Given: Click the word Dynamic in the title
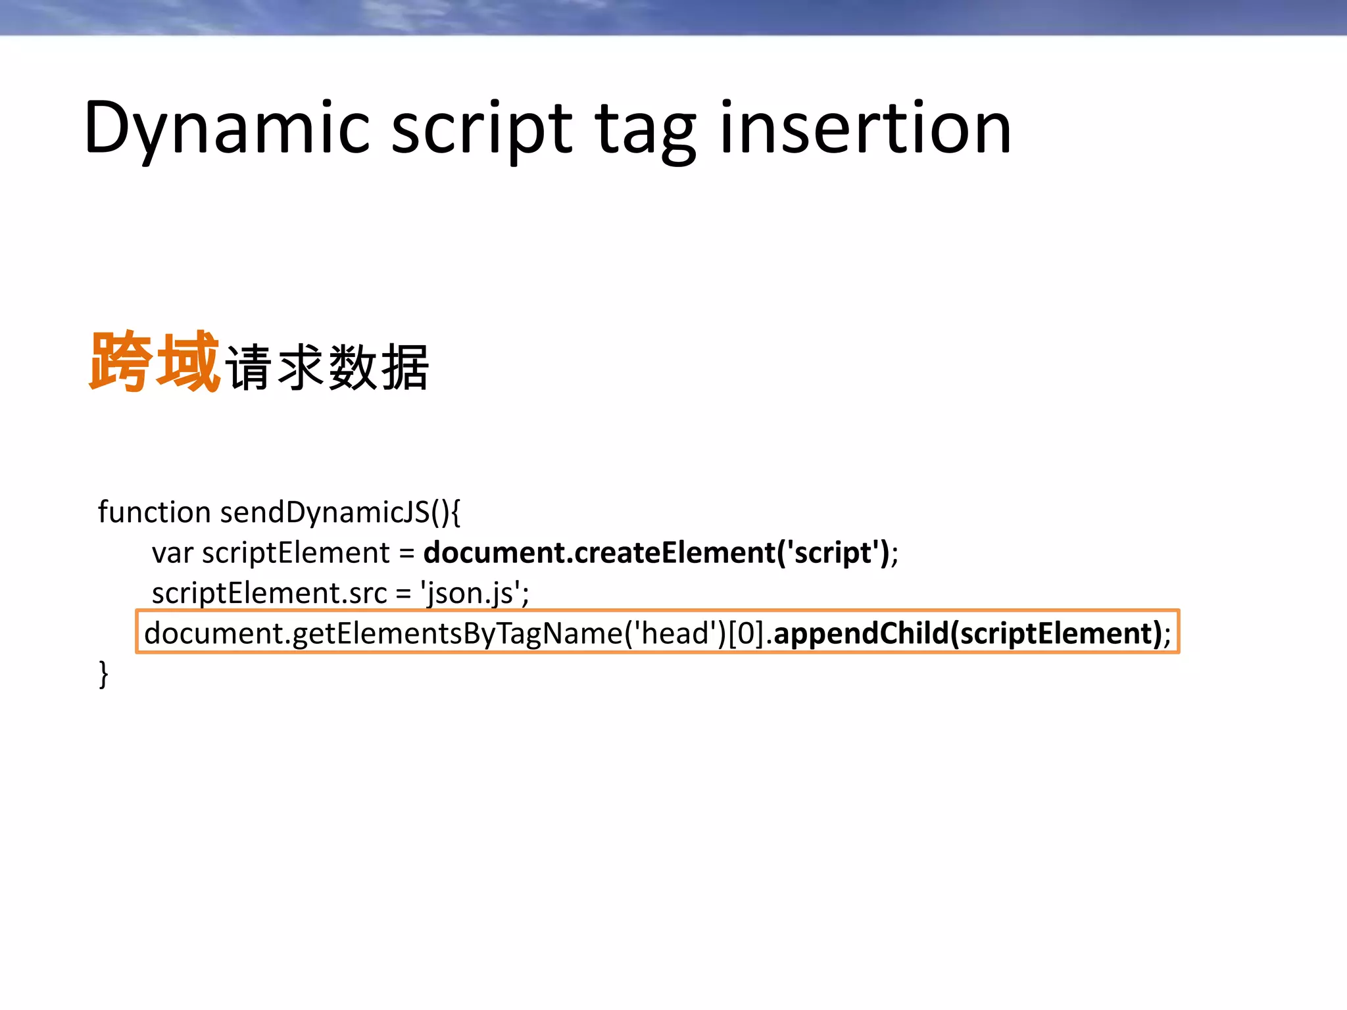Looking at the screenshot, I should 227,128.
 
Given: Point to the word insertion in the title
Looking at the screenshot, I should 866,128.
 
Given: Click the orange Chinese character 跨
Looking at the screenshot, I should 121,362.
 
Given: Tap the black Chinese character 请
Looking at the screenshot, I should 249,368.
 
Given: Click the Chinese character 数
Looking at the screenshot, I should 353,368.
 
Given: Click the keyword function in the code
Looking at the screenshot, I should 154,512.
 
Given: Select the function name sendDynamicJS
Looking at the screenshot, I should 325,512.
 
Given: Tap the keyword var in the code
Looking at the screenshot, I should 172,553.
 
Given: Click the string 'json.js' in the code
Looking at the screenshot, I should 471,593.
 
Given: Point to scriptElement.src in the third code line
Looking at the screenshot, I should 269,593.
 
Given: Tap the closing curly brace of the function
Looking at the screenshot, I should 103,675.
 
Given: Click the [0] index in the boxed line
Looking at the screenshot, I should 746,633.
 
